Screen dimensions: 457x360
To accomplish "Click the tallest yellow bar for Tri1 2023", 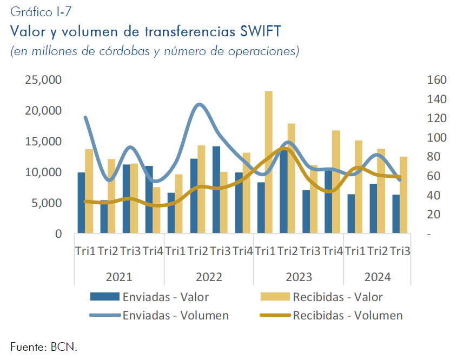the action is coord(268,162).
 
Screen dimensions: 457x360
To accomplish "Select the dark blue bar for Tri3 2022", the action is coord(216,190).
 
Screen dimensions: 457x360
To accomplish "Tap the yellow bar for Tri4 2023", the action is coord(336,182).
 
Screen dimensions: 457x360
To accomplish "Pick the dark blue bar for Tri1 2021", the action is coord(81,203).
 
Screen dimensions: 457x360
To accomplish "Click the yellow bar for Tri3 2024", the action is coord(403,195).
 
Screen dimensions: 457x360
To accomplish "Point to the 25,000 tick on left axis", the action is coord(43,79).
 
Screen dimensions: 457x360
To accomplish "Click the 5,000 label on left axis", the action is coord(47,203).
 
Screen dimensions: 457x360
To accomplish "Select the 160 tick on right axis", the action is coord(436,79).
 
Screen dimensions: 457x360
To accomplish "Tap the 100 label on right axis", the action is coord(436,137).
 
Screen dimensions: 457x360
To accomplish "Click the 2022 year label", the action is coord(209,277).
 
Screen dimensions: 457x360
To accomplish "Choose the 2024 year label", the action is coord(377,277).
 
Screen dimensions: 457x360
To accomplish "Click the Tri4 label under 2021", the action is coord(153,251).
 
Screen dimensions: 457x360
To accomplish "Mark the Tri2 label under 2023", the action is coord(287,251).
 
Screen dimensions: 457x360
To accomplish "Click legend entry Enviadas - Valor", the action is coord(149,297).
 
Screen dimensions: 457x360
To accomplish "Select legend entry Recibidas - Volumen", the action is coord(332,316).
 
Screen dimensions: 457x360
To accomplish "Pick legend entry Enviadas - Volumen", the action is coord(159,316).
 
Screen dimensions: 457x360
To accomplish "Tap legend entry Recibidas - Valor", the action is coord(321,297).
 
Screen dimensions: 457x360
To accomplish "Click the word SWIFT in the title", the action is coord(261,31).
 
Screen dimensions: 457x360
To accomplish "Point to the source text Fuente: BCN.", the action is coord(44,347).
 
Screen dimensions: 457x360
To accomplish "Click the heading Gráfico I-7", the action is coord(41,12).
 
